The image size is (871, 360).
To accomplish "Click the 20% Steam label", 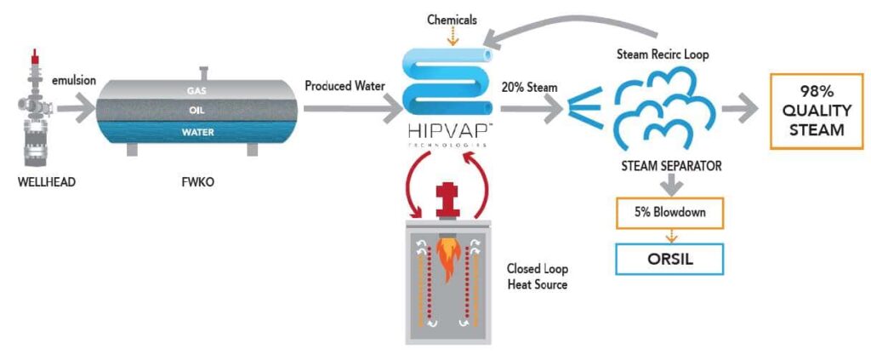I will click(x=530, y=89).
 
